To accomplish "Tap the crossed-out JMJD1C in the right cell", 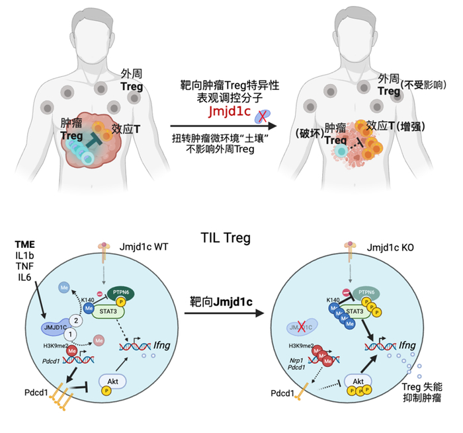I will coord(302,325).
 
